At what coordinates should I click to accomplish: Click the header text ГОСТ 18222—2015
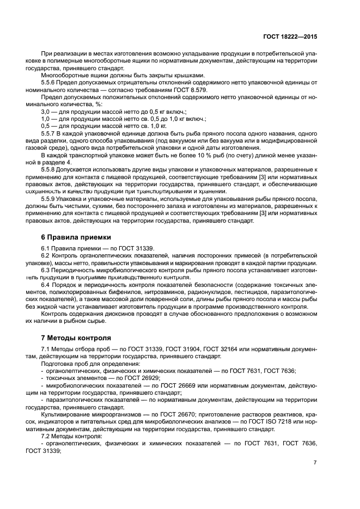[289, 36]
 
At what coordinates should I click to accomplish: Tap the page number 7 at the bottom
[315, 463]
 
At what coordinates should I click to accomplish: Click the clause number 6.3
[47, 270]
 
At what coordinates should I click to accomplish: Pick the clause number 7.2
[47, 437]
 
